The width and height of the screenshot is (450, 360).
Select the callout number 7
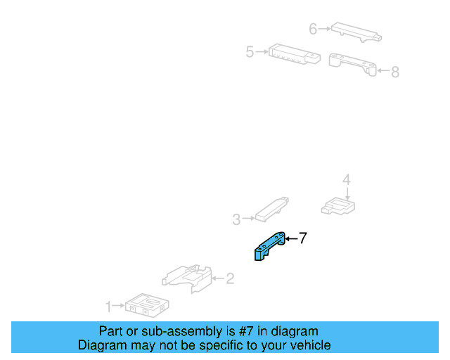coord(303,238)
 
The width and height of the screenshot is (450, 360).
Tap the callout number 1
coord(108,307)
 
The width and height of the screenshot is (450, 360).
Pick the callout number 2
coord(230,278)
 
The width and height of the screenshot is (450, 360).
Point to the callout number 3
coord(236,219)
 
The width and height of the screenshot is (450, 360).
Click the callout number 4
coord(347,179)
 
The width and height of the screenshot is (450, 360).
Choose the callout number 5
coord(250,52)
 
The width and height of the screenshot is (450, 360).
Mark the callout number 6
coord(313,29)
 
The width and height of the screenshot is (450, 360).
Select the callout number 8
coord(395,72)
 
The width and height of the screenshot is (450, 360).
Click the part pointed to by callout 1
coord(147,305)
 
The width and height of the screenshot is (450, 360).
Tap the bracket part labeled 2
coord(187,278)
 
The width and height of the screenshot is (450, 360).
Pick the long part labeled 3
coord(272,210)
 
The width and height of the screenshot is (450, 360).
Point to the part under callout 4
coord(338,206)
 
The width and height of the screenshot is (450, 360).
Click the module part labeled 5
coord(295,54)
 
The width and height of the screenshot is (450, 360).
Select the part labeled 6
coord(356,32)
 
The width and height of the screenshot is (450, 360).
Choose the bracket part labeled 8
coord(352,64)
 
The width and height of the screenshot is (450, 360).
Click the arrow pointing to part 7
coord(291,238)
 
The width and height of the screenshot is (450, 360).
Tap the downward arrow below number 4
coord(347,194)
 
